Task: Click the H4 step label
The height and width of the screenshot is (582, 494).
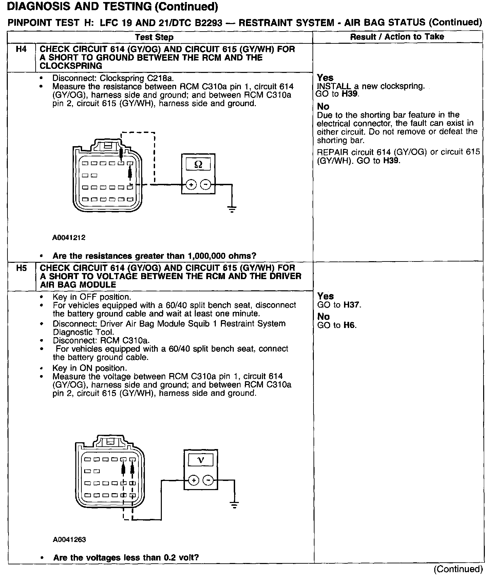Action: (x=21, y=50)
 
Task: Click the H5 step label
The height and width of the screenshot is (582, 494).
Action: (x=21, y=268)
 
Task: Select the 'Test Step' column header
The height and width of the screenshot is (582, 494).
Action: (x=154, y=37)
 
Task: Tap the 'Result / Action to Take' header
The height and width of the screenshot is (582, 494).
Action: (x=397, y=37)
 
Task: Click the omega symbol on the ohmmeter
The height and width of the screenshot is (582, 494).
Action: (x=198, y=165)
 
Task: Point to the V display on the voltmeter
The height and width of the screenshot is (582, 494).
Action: (x=201, y=460)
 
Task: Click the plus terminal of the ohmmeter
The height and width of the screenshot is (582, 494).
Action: (x=191, y=185)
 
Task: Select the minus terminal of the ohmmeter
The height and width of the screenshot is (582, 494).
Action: (x=206, y=185)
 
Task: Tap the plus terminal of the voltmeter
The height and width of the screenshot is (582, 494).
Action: (x=193, y=480)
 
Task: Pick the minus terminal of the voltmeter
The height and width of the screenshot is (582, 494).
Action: (x=208, y=480)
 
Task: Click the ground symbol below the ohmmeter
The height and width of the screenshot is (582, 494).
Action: (x=232, y=209)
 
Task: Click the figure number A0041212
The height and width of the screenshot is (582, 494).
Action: (x=69, y=238)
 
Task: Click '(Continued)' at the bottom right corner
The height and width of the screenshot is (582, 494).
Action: (x=458, y=569)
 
